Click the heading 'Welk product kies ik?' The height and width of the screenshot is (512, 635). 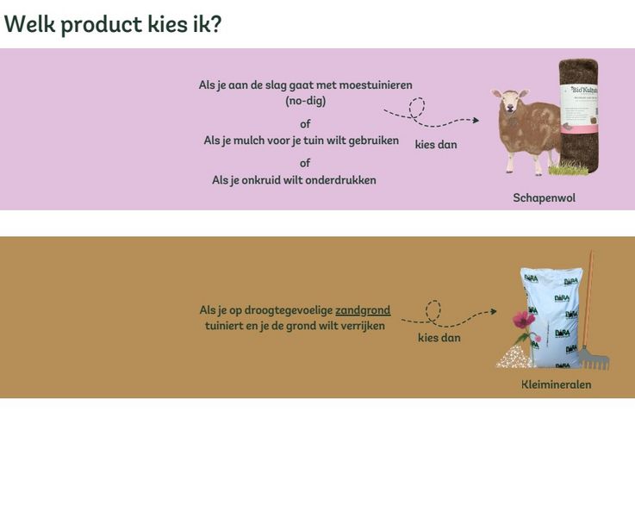(x=112, y=24)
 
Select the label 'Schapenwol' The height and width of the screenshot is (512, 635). (x=544, y=197)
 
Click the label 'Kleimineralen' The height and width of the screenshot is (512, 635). (x=556, y=384)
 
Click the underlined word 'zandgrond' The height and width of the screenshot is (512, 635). (x=363, y=310)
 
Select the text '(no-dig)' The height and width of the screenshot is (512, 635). (x=306, y=101)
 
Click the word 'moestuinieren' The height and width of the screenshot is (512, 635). (x=376, y=85)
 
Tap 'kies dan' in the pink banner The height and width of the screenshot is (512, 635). (x=436, y=145)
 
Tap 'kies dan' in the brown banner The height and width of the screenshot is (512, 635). (x=439, y=338)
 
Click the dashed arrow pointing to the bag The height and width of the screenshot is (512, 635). (x=448, y=315)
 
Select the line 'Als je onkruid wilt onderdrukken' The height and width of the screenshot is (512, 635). (x=294, y=180)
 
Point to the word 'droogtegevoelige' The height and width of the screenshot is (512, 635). (x=290, y=310)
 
